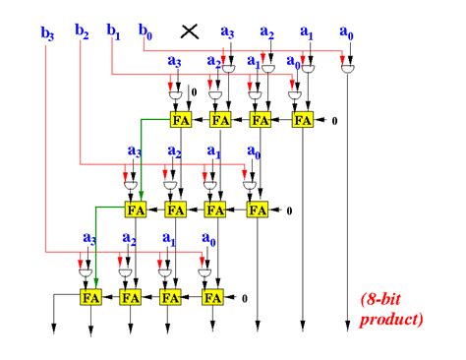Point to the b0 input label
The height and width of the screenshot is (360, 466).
146,30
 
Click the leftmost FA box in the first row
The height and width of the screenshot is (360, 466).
181,120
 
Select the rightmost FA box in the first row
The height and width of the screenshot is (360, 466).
302,120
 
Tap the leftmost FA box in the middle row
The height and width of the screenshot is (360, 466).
136,209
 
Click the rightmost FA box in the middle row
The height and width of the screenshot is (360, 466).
257,209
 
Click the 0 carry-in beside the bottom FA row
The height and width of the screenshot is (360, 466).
245,297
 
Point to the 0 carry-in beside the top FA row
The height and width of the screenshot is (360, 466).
335,121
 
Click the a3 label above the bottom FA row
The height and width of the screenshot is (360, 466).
89,238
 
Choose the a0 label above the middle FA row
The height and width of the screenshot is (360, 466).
255,151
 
